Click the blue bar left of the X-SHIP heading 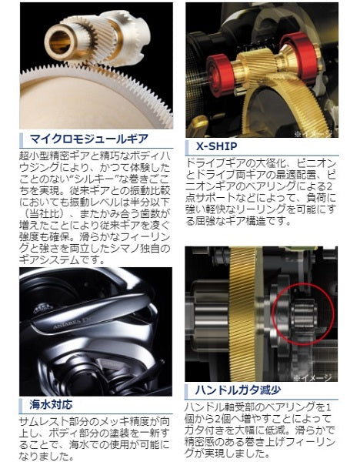coord(189,146)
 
